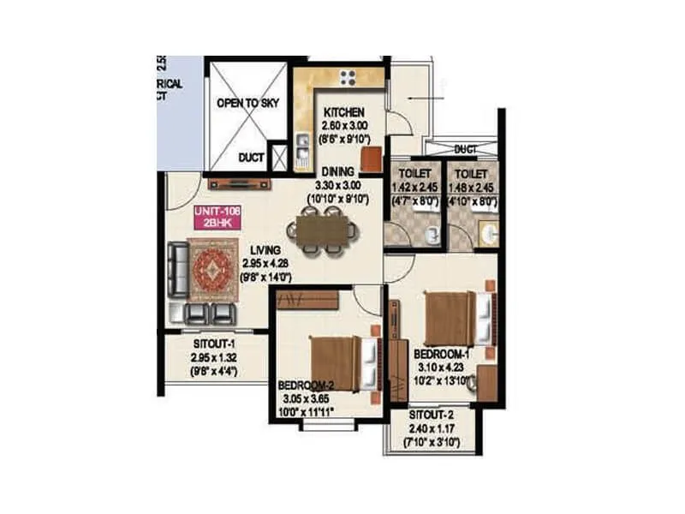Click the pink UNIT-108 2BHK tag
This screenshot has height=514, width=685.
point(216,216)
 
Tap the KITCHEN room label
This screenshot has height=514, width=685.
point(344,112)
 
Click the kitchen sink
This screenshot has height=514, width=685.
point(302,151)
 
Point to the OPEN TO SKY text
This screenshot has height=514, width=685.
point(244,104)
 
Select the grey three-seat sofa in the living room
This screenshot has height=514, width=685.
point(177,268)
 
